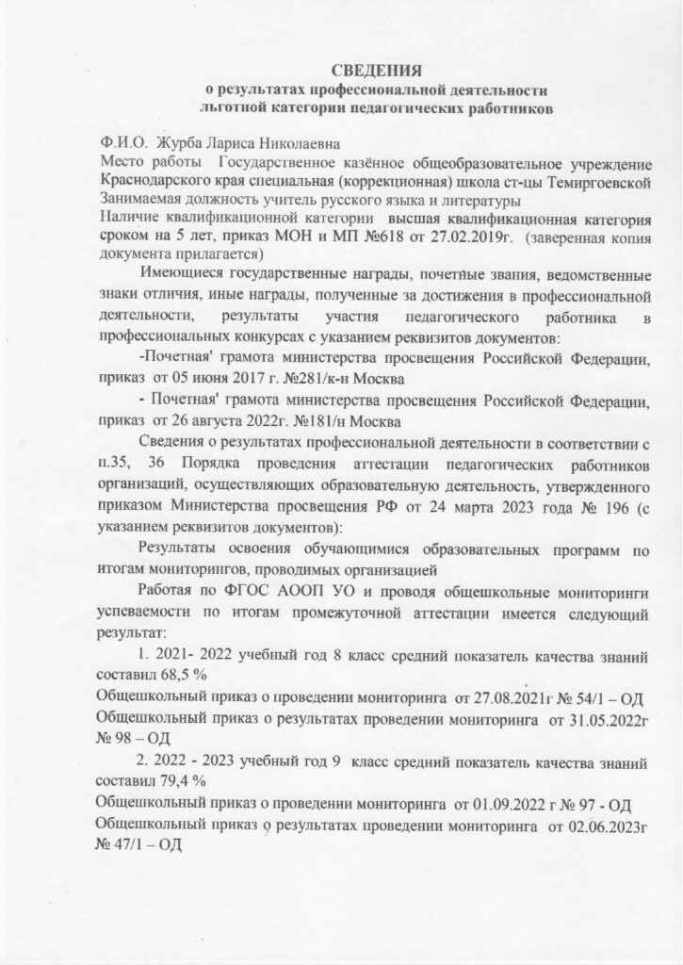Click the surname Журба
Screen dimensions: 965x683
coord(184,144)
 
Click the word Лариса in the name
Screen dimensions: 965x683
coord(243,144)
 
